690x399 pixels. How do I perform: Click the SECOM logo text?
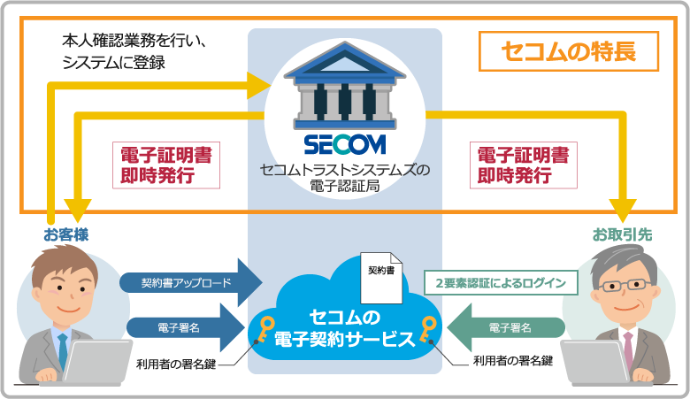(x=345, y=143)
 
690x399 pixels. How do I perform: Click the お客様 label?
(x=66, y=234)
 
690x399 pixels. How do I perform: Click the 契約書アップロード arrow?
(x=190, y=283)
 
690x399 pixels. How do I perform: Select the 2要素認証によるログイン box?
(x=501, y=283)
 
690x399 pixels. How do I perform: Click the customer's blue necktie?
(x=62, y=346)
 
